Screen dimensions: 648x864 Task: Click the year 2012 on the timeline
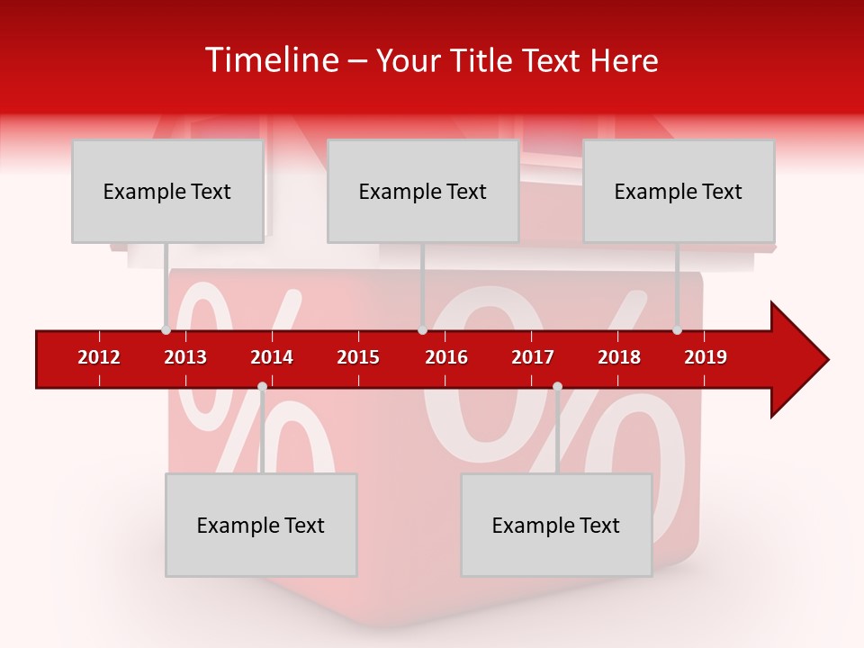click(99, 357)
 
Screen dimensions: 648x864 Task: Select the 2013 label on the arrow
click(185, 357)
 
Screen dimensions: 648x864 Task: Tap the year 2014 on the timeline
click(272, 357)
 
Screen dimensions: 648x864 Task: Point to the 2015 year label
click(358, 357)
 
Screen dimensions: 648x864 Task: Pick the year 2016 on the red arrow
click(446, 357)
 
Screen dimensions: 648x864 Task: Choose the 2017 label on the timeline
click(533, 357)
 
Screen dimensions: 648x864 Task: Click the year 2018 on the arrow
click(619, 357)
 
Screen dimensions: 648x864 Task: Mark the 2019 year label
click(706, 357)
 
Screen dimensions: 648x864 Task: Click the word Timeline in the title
click(272, 60)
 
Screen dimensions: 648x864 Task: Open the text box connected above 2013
click(167, 191)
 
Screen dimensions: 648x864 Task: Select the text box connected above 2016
click(423, 191)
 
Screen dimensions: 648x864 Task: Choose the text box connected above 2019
click(679, 191)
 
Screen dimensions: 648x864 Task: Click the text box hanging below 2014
click(261, 525)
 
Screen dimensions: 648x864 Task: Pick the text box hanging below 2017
click(556, 525)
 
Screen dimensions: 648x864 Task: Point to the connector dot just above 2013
click(166, 330)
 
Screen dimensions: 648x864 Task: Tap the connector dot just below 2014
click(262, 387)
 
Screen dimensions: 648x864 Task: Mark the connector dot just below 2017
click(557, 387)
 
